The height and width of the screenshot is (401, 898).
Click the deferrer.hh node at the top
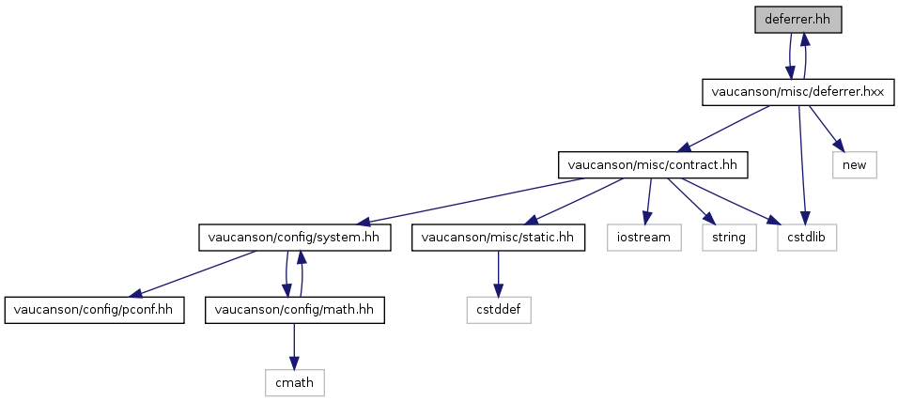point(797,20)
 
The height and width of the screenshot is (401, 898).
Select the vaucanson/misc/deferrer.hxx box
point(797,92)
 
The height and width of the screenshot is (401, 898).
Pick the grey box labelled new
point(855,165)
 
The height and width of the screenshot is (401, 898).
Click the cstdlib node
point(807,238)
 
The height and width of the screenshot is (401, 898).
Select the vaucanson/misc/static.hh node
point(498,238)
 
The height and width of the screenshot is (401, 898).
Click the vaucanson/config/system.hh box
point(294,238)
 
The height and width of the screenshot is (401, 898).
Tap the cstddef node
point(498,310)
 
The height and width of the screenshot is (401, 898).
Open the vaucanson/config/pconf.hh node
point(94,310)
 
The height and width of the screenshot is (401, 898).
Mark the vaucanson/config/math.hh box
point(294,310)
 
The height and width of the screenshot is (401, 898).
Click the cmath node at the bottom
point(294,382)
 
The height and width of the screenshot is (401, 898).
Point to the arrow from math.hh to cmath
point(294,346)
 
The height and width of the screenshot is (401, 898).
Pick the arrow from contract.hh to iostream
point(648,201)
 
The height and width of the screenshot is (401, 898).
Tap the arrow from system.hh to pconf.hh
point(192,274)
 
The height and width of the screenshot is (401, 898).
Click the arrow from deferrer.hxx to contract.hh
point(723,129)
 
